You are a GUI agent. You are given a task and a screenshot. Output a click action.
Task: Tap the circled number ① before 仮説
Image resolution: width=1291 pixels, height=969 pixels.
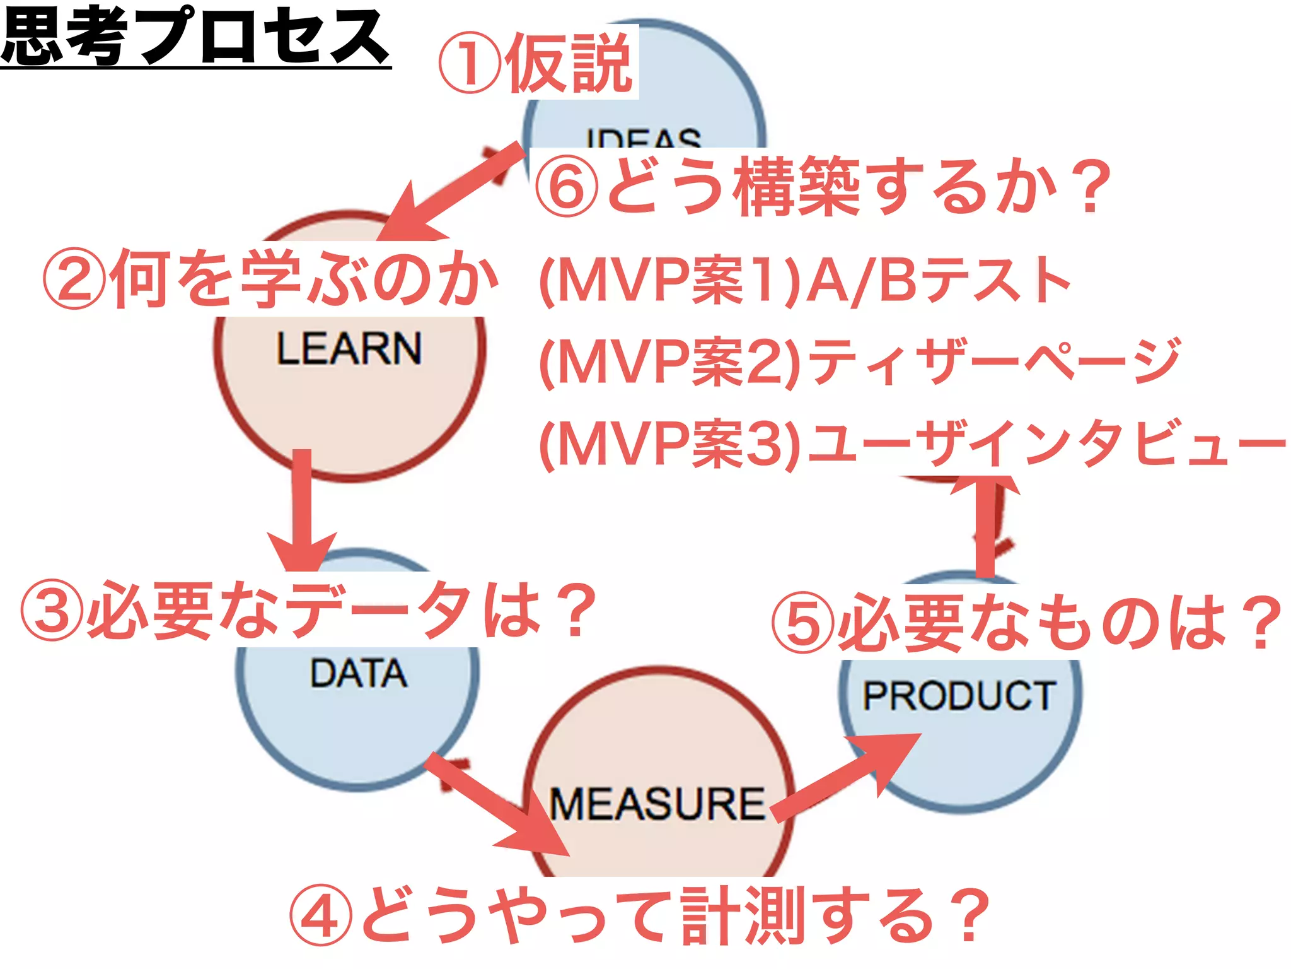[x=470, y=63]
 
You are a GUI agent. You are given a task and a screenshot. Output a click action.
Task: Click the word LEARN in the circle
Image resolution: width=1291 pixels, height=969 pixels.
[x=349, y=348]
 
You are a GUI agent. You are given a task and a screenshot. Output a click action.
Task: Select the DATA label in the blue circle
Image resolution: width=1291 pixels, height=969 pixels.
[x=358, y=673]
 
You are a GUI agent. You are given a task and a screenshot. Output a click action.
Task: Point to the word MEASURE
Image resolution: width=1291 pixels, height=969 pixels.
[x=657, y=804]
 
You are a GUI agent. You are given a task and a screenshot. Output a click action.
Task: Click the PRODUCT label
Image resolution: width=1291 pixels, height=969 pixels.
[x=959, y=696]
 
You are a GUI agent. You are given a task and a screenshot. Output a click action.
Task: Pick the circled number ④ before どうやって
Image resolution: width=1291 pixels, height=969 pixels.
[x=321, y=915]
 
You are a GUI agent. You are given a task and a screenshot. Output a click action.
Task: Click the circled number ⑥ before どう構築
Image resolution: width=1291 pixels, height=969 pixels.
[x=567, y=186]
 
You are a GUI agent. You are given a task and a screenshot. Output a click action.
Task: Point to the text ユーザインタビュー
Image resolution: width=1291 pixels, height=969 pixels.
[x=1046, y=443]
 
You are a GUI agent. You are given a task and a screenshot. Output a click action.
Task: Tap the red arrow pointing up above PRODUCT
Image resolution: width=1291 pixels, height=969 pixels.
[x=985, y=524]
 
